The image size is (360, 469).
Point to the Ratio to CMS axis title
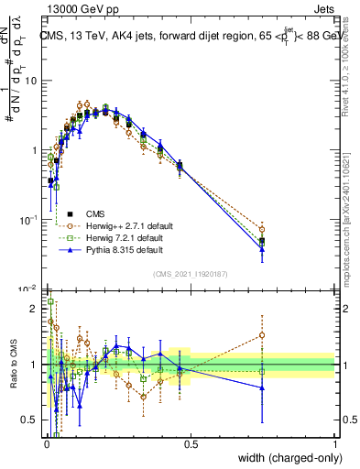coord(12,364)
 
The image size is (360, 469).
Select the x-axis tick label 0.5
coord(191,444)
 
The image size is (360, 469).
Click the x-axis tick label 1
coord(334,444)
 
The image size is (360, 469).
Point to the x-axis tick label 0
coord(47,444)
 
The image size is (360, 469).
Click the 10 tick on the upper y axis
coord(31,81)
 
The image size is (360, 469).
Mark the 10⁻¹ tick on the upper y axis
coord(29,219)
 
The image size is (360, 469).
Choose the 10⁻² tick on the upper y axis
coord(29,288)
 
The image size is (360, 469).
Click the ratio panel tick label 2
coord(34,309)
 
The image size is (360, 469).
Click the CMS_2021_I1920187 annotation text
coord(190,273)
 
